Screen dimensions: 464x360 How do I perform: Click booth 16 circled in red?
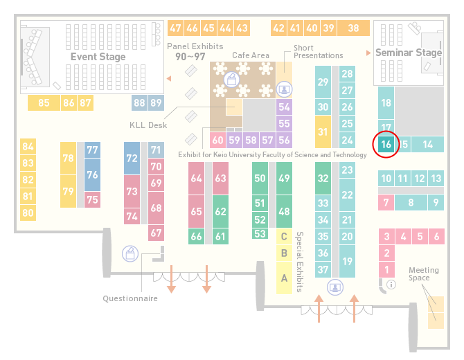pyautogui.click(x=386, y=145)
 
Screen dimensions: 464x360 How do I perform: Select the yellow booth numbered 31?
pyautogui.click(x=323, y=132)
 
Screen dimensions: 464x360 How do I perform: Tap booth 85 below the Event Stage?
pyautogui.click(x=44, y=102)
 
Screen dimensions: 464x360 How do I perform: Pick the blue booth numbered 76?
pyautogui.click(x=92, y=174)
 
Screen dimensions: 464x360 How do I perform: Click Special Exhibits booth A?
pyautogui.click(x=284, y=278)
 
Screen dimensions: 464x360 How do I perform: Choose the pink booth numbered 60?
pyautogui.click(x=217, y=140)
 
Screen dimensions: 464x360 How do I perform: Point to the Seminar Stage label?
pyautogui.click(x=409, y=53)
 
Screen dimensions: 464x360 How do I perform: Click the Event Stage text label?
pyautogui.click(x=98, y=57)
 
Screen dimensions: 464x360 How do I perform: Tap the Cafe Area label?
pyautogui.click(x=251, y=55)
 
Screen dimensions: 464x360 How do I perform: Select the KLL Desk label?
pyautogui.click(x=148, y=125)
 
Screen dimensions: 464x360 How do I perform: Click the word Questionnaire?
pyautogui.click(x=130, y=298)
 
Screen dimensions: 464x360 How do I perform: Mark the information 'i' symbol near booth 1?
pyautogui.click(x=391, y=285)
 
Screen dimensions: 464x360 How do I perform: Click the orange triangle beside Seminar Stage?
pyautogui.click(x=368, y=53)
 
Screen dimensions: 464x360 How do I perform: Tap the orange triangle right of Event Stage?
pyautogui.click(x=169, y=78)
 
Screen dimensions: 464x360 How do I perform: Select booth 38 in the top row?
pyautogui.click(x=354, y=28)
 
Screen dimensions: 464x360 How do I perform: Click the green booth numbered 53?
pyautogui.click(x=260, y=234)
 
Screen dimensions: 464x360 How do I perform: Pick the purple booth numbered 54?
pyautogui.click(x=284, y=107)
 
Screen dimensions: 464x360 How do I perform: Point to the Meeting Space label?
pyautogui.click(x=424, y=274)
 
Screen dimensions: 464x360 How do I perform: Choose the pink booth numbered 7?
pyautogui.click(x=386, y=202)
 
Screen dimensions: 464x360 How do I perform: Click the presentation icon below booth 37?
pyautogui.click(x=335, y=287)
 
